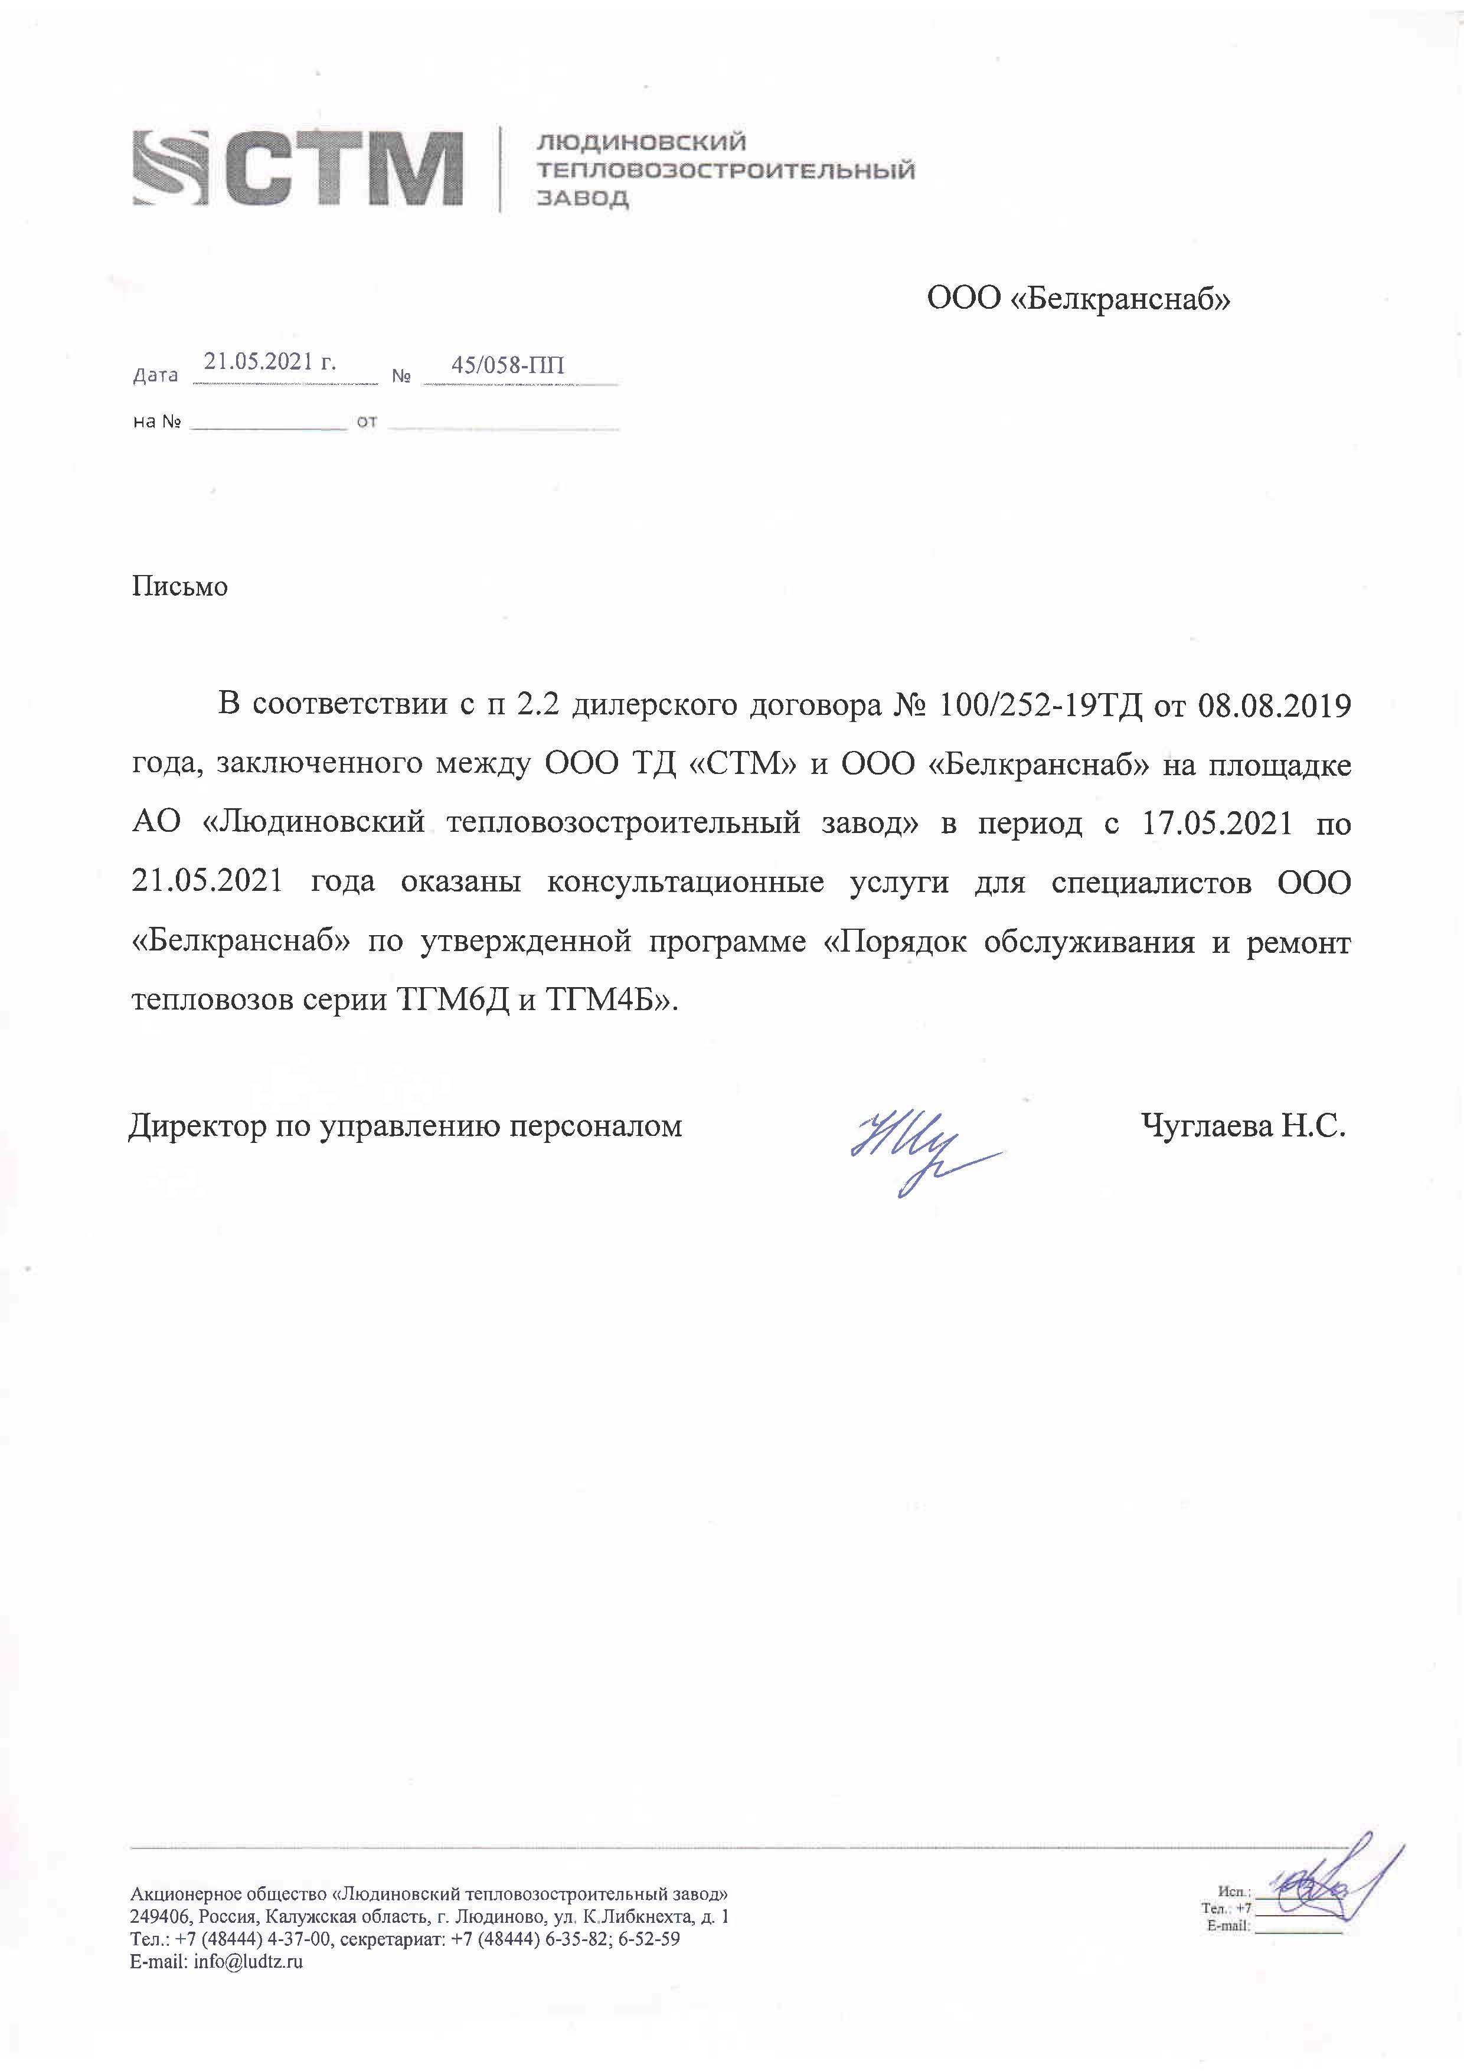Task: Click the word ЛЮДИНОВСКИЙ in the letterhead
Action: (641, 142)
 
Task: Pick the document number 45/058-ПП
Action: (508, 365)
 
